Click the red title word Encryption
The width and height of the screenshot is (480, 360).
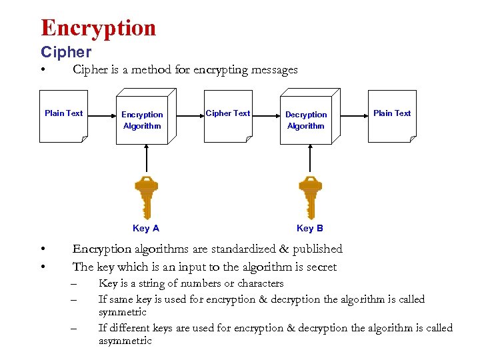(98, 28)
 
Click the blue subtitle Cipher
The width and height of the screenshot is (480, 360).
(66, 52)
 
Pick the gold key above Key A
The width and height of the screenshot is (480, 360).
(145, 197)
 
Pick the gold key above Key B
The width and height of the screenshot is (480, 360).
(309, 197)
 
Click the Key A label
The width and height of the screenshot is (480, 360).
(146, 229)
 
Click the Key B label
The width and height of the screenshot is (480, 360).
(310, 229)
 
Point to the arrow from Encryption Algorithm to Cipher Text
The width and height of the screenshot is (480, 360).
(190, 119)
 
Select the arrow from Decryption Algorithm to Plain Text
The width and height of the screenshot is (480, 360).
(354, 119)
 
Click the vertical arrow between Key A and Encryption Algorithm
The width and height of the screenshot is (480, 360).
(146, 160)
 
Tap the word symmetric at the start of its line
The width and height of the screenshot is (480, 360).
(123, 312)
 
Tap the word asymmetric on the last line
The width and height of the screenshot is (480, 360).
(125, 341)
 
